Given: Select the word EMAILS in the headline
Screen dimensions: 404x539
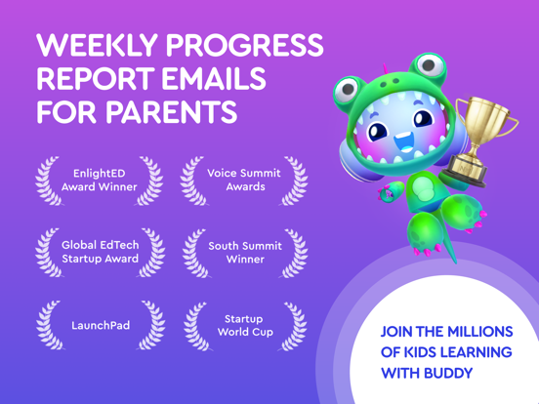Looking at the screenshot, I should [228, 79].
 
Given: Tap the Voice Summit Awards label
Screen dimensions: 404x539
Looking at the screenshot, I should [244, 180].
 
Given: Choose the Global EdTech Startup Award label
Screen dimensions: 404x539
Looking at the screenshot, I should [99, 253].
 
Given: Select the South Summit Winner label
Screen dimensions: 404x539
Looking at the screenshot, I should [244, 253].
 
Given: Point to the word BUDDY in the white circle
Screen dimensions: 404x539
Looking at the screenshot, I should [447, 373].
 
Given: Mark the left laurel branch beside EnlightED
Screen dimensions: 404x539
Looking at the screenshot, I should [46, 180].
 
